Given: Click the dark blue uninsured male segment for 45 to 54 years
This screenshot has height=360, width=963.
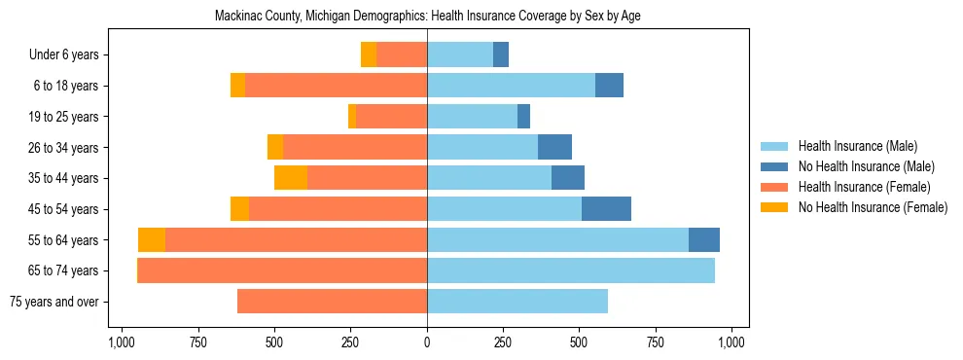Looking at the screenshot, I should point(606,209).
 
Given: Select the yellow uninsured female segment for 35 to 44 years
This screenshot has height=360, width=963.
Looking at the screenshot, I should point(291,178).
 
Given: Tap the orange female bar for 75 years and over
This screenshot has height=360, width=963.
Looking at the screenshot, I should point(332,302).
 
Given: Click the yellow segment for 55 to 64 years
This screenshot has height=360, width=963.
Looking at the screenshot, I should point(152,240).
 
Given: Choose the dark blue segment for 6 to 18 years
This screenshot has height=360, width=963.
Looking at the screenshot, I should point(609,86).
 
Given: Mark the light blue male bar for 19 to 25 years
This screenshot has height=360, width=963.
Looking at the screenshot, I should point(472,117).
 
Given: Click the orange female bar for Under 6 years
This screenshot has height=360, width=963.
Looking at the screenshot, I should point(402,55).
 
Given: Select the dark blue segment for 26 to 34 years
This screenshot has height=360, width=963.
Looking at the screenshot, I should point(554,148).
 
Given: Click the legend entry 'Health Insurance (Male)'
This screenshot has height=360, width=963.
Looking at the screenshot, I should point(857,146).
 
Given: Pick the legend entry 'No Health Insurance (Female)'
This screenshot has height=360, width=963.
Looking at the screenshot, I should point(872,207).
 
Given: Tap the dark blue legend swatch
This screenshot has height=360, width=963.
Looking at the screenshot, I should point(774,166).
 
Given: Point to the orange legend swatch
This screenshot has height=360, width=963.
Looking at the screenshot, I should point(774,187).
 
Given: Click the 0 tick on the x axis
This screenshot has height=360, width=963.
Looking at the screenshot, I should point(427,342).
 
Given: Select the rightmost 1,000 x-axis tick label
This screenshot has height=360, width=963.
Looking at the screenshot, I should point(731,342).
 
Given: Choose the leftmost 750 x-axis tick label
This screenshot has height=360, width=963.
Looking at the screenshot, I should point(197,342).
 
